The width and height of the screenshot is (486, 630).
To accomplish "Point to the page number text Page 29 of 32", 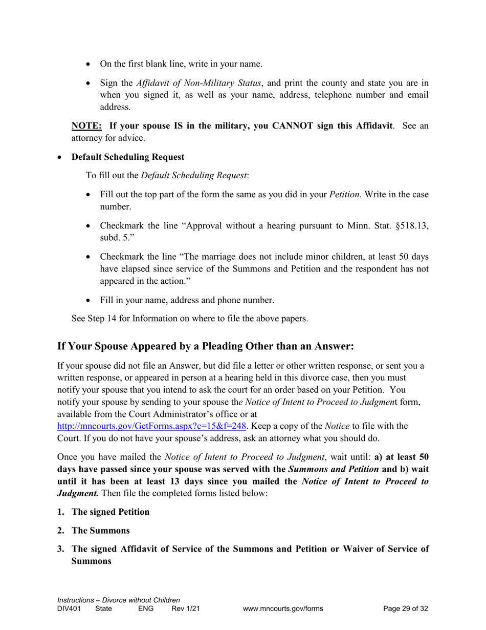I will pyautogui.click(x=406, y=609).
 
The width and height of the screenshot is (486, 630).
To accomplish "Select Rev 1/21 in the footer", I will pyautogui.click(x=186, y=609).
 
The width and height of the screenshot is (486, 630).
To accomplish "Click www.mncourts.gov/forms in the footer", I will pyautogui.click(x=283, y=609).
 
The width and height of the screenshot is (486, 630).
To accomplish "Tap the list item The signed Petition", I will pyautogui.click(x=111, y=512).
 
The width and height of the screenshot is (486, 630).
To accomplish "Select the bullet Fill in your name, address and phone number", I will pyautogui.click(x=187, y=300).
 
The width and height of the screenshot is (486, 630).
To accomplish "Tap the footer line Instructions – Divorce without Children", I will pyautogui.click(x=119, y=600).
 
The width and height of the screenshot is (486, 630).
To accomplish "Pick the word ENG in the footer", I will pyautogui.click(x=146, y=609).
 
